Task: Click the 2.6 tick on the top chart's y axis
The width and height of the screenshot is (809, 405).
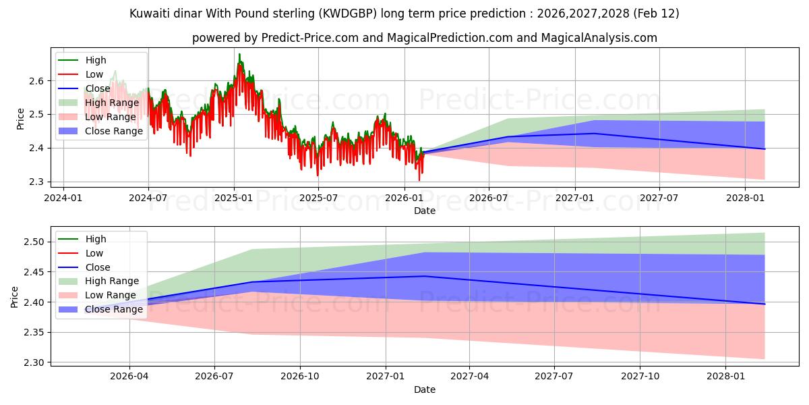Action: coord(37,81)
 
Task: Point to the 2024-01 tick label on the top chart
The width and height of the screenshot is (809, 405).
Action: coord(63,198)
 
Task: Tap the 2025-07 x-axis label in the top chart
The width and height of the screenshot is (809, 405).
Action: coord(318,198)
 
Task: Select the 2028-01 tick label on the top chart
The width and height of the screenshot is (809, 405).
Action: coord(745,198)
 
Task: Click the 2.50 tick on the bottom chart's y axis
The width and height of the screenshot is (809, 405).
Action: coord(34,242)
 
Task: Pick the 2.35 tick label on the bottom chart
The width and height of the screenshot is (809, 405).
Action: coord(34,333)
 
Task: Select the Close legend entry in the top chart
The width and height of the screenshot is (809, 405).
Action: coord(98,88)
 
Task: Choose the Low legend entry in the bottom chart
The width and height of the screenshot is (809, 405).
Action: coord(94,253)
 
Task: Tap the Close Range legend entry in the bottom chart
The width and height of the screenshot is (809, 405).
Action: coord(114,309)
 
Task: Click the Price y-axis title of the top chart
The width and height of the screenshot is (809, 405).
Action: coord(20,119)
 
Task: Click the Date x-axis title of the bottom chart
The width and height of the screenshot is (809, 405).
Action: coord(425,389)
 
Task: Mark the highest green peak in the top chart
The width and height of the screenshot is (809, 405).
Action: coord(239,54)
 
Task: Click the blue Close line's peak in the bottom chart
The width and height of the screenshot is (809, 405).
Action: coord(424,275)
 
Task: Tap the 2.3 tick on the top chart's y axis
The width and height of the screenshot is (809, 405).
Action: coord(37,182)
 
